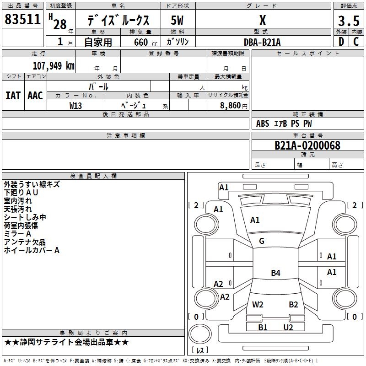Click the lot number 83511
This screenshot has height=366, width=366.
[22, 19]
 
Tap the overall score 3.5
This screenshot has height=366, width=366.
[349, 21]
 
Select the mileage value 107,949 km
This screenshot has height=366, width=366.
[54, 66]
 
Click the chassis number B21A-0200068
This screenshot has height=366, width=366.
[307, 145]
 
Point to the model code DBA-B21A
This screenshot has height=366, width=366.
[262, 42]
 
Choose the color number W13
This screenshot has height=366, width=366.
[75, 106]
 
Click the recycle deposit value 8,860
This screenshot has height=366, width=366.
[231, 106]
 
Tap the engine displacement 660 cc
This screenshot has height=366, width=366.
[145, 42]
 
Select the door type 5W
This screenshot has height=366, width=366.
[177, 20]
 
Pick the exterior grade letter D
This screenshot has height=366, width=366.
[341, 42]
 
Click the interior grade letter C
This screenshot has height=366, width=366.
[356, 42]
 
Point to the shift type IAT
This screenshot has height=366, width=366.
[13, 96]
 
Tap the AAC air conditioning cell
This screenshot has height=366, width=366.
[35, 96]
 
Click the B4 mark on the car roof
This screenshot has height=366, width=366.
[276, 273]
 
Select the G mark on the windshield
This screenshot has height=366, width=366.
[262, 241]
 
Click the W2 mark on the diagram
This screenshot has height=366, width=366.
[258, 304]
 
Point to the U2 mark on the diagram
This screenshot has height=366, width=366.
[288, 327]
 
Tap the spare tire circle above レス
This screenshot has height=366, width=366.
[200, 334]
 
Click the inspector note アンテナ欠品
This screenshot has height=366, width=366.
[25, 242]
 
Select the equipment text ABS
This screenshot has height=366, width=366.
[263, 124]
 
